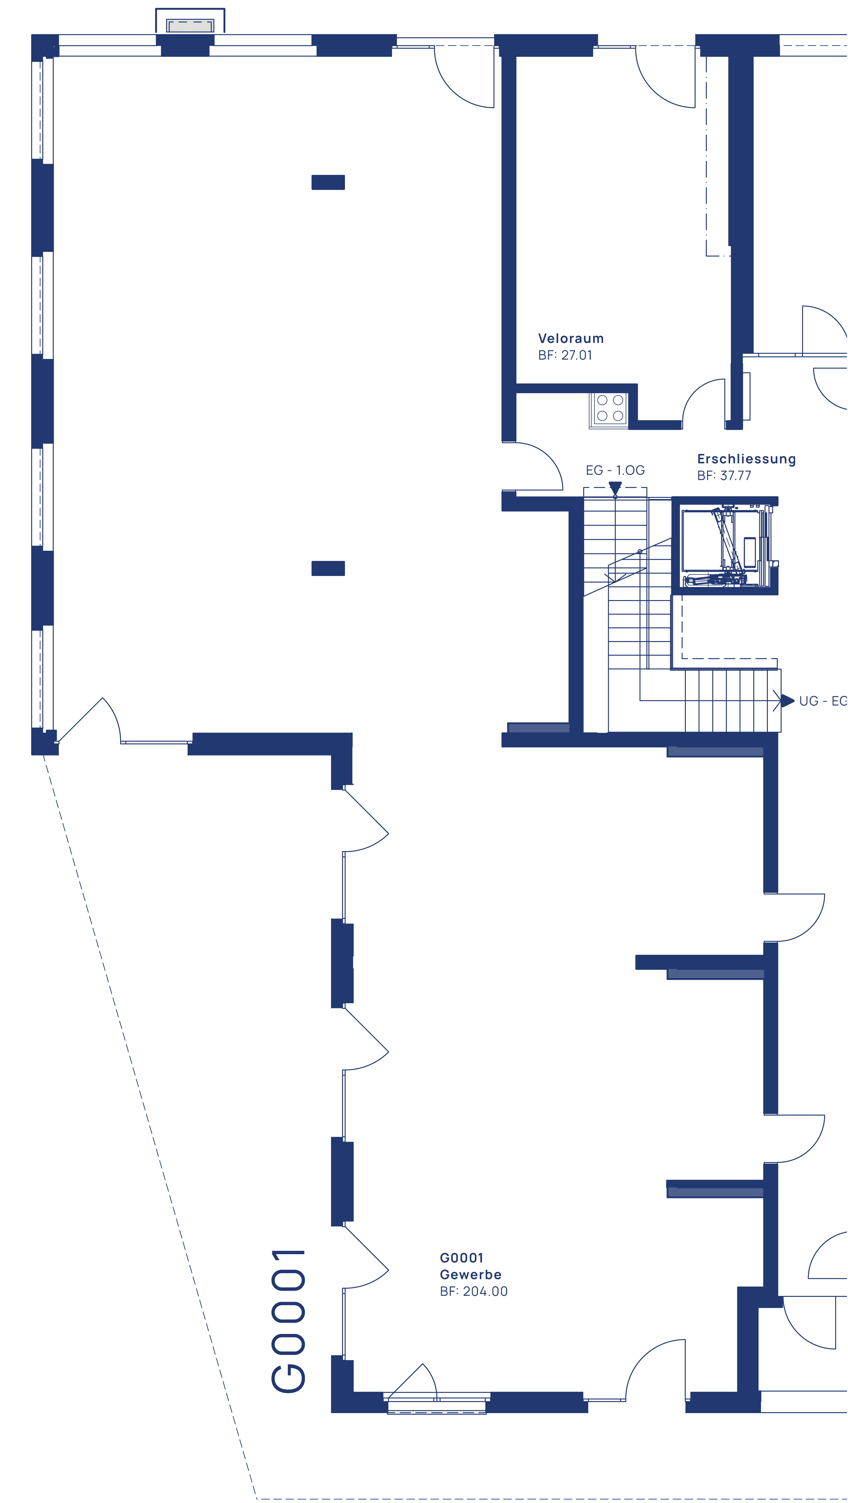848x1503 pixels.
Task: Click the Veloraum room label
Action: [570, 338]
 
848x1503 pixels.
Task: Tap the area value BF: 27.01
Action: [564, 355]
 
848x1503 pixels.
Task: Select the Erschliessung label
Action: [746, 459]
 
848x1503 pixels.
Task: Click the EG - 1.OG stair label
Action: [615, 470]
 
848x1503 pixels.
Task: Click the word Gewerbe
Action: [470, 1275]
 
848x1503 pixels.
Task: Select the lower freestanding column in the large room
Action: [328, 568]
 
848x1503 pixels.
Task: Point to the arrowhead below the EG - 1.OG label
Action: [615, 488]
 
